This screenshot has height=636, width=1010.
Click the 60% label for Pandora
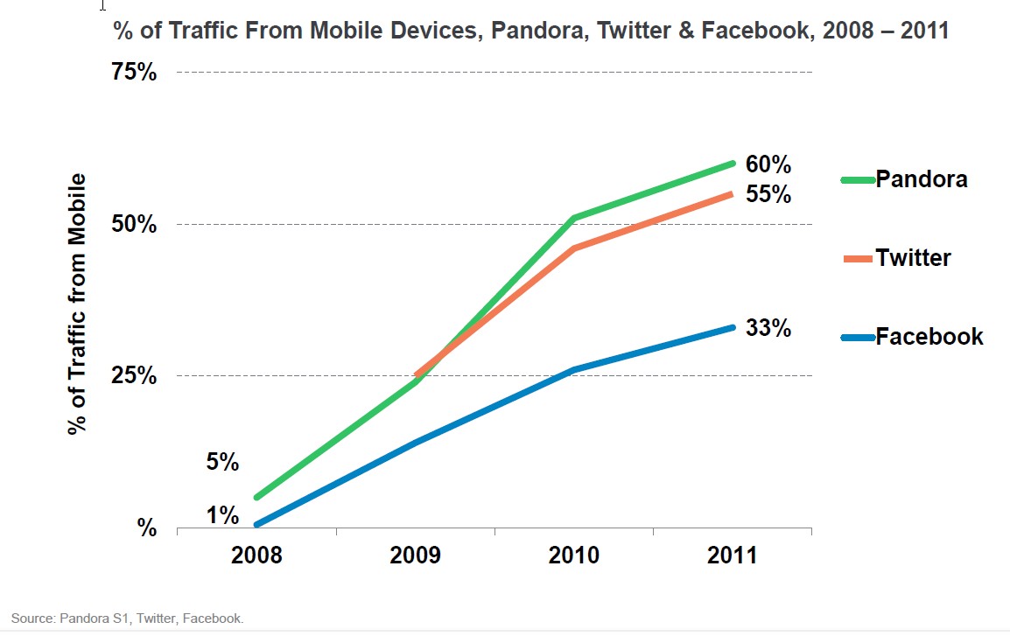[768, 164]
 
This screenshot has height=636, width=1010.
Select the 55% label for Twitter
[768, 194]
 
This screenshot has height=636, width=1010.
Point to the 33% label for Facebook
[768, 329]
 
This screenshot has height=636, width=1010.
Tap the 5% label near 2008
[222, 462]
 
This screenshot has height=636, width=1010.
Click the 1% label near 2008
[222, 516]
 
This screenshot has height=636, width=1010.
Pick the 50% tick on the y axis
[134, 225]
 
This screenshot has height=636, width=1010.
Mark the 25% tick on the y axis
[134, 377]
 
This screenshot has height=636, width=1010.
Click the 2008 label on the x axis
[256, 556]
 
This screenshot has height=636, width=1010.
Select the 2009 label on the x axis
[415, 556]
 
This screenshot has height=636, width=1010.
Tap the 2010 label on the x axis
[573, 556]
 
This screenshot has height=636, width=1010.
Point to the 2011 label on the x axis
[732, 556]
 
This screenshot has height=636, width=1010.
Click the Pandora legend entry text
[922, 179]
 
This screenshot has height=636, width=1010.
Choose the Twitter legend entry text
[913, 258]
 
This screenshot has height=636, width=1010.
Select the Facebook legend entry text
[929, 337]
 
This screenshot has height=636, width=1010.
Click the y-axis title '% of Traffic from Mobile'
[79, 304]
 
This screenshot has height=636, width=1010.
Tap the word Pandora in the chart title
[535, 31]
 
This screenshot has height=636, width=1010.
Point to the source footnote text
[127, 619]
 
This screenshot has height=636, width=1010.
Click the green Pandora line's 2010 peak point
[572, 218]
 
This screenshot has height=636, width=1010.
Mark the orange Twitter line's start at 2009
[417, 374]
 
